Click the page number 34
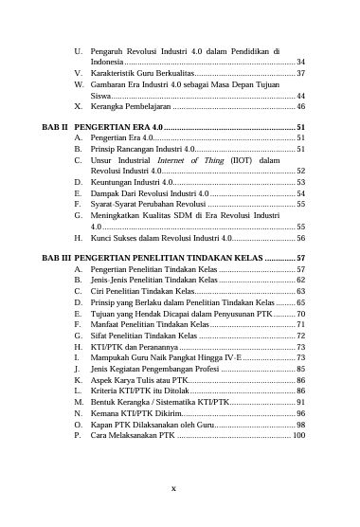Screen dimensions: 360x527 coord(300,61)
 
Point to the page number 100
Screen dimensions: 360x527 coord(298,436)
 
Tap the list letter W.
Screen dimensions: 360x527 coord(77,84)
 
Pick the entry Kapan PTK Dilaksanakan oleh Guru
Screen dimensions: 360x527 coord(153,424)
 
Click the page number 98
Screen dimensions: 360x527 coord(300,424)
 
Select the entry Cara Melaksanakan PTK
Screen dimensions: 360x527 coord(134,436)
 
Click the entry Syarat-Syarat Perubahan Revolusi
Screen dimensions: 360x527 coord(147,204)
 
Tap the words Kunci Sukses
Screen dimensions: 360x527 coord(118,239)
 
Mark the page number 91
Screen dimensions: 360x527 coord(300,400)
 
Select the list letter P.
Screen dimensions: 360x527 coord(76,436)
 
